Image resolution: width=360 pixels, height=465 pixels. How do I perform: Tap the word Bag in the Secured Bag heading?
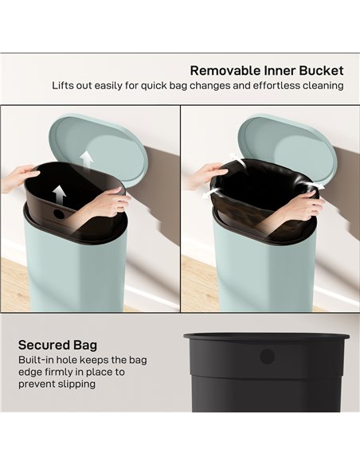click(88, 345)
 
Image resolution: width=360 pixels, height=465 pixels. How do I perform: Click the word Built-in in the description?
click(37, 360)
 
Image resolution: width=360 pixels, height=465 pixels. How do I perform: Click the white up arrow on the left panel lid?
click(87, 158)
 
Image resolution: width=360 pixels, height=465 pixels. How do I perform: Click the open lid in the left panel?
click(102, 148)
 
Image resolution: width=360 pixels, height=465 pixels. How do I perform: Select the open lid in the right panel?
click(288, 147)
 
